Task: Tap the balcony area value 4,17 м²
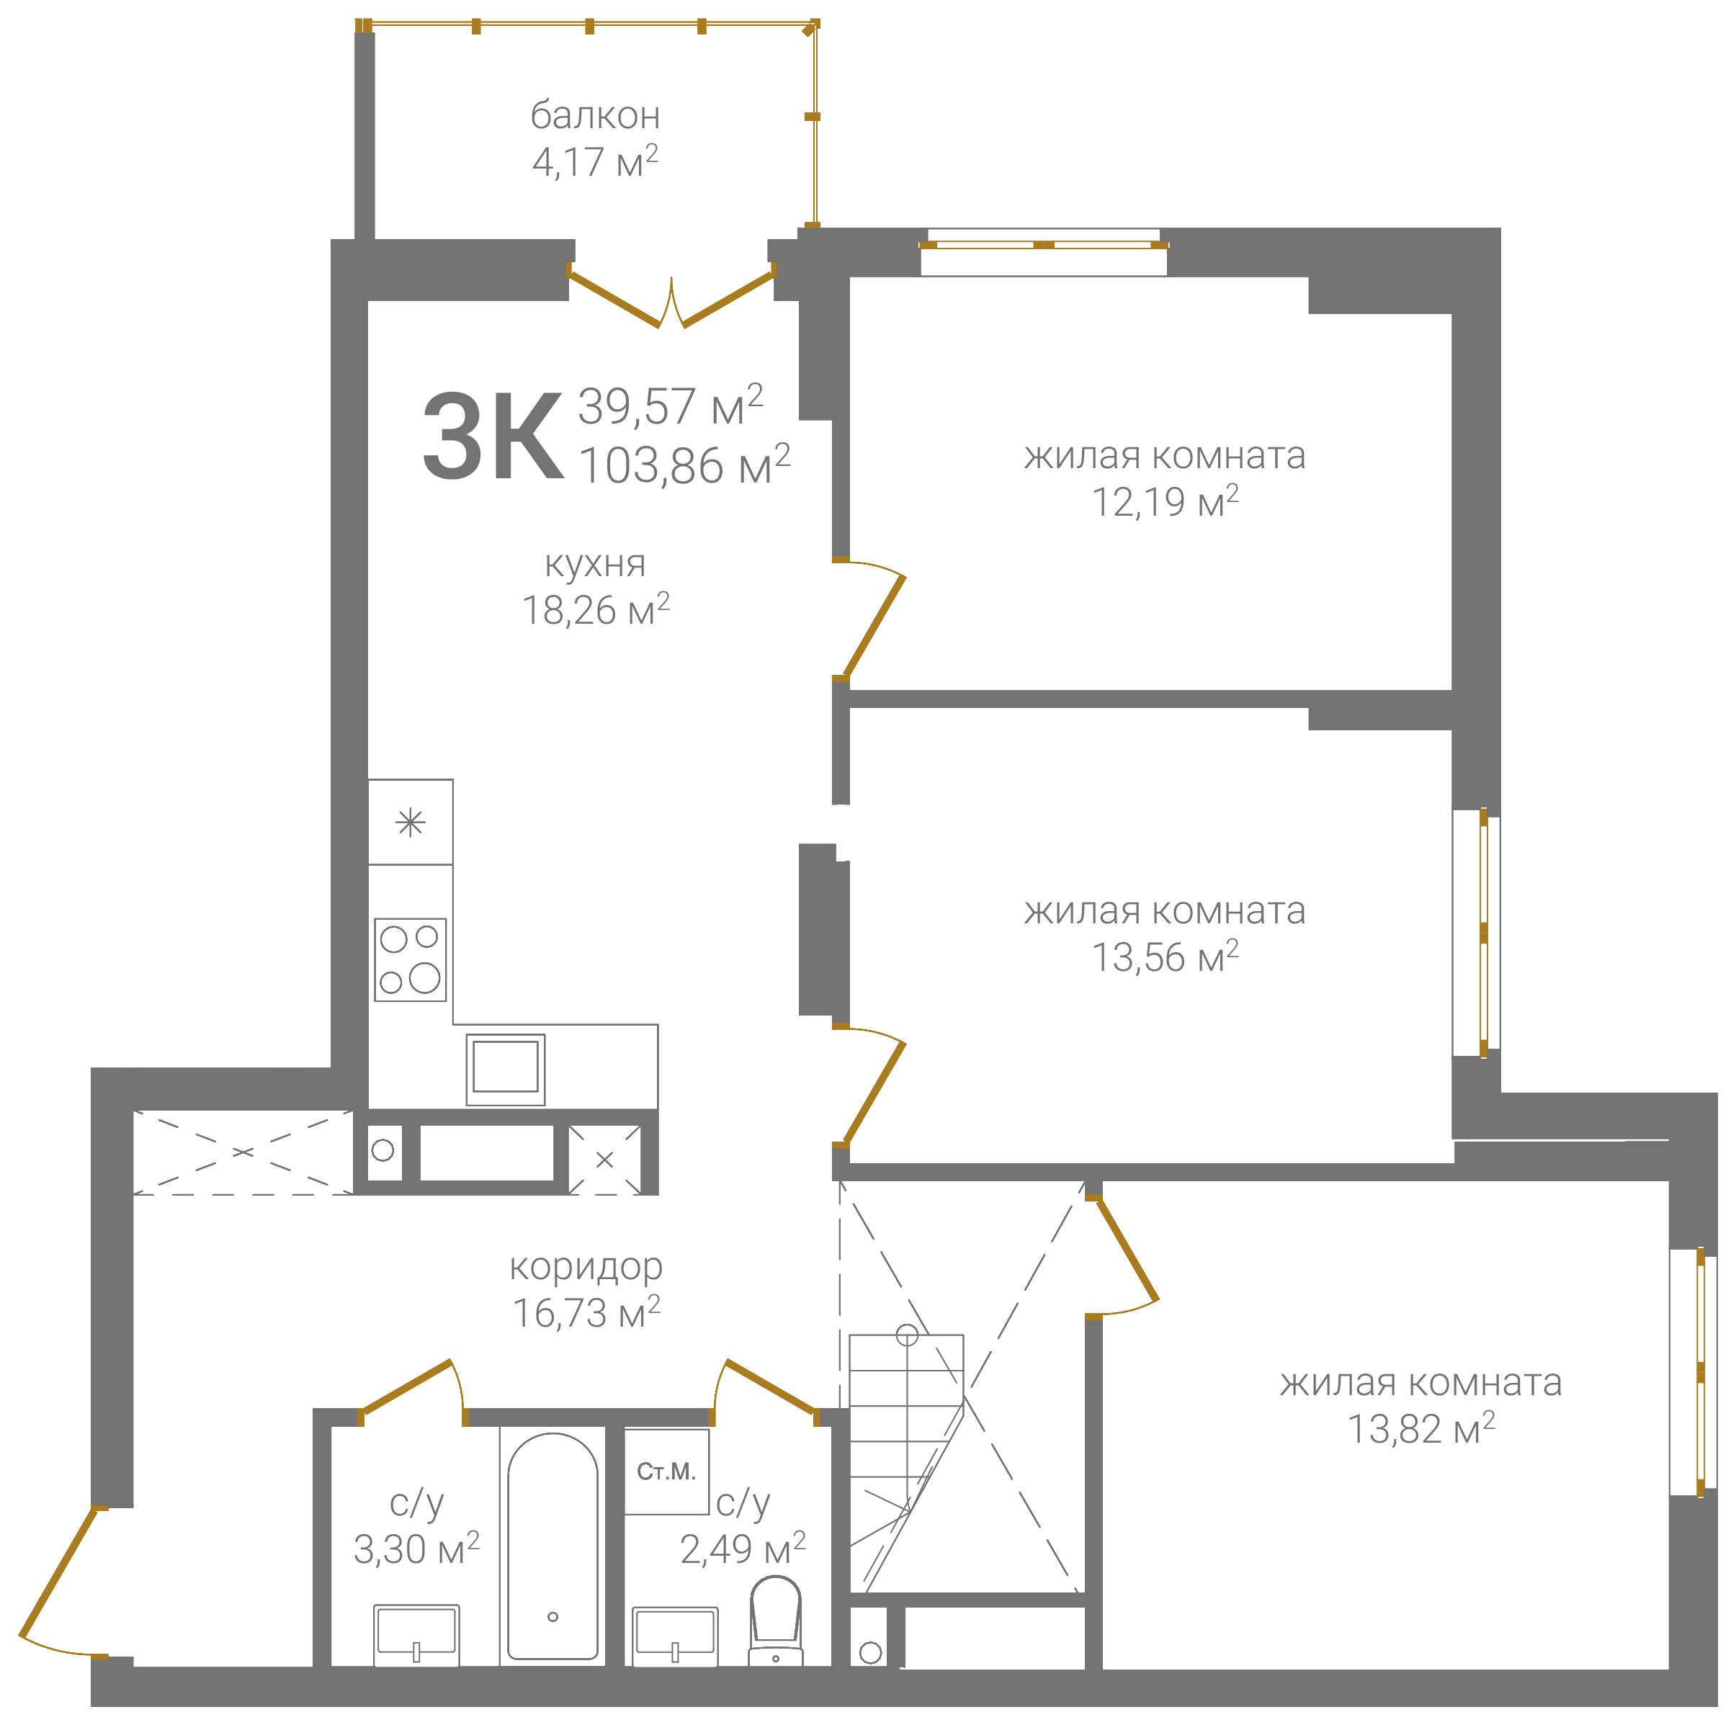595,162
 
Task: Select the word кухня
595,564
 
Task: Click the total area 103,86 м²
684,465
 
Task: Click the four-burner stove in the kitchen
411,959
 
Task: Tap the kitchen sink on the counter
506,1069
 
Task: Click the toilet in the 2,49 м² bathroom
776,1622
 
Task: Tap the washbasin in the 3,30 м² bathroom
417,1635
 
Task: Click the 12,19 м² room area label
1165,502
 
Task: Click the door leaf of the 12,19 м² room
873,626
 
